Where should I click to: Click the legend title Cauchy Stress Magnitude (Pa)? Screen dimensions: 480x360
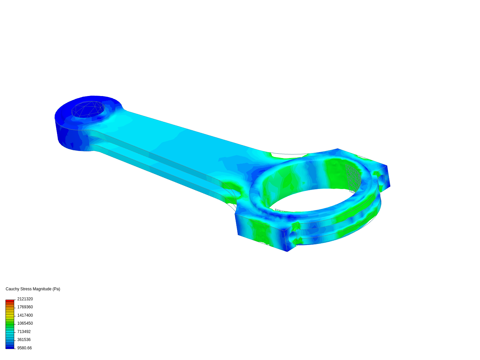(33, 289)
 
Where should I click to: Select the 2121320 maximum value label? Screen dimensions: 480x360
(25, 299)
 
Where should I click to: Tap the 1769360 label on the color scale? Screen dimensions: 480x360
(25, 307)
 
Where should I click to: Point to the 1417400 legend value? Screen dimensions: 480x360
(25, 315)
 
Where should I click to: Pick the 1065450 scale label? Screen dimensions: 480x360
(25, 323)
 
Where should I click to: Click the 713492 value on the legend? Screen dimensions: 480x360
(24, 332)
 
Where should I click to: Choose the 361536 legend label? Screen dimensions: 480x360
(24, 340)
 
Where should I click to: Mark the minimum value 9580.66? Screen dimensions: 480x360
(24, 348)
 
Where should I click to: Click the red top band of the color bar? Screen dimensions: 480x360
(10, 301)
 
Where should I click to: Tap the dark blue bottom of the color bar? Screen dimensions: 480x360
(10, 347)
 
